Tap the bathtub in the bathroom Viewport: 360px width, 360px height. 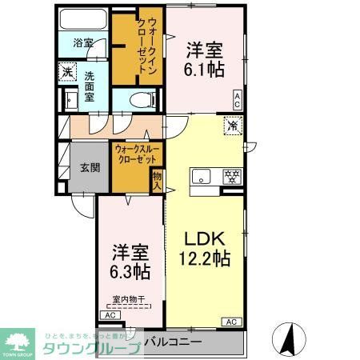click(x=83, y=21)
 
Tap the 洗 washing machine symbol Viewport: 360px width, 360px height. click(x=68, y=71)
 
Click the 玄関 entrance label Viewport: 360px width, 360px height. click(x=89, y=168)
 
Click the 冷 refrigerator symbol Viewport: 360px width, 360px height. click(x=232, y=126)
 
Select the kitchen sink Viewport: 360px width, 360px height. click(x=200, y=178)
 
